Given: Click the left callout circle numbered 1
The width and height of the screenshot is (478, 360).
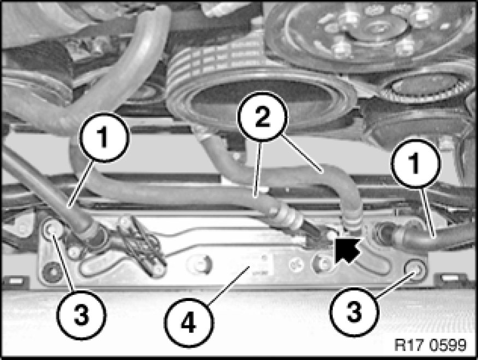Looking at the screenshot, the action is click(x=104, y=137).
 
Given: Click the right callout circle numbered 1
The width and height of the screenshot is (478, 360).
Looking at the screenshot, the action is click(x=416, y=163).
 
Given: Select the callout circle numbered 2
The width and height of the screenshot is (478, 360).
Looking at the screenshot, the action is click(x=262, y=117).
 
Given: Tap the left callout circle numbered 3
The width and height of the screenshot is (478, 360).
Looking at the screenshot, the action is click(x=81, y=314).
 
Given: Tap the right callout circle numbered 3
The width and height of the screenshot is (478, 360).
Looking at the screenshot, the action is click(x=354, y=311).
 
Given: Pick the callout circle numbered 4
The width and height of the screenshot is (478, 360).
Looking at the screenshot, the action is click(x=188, y=323).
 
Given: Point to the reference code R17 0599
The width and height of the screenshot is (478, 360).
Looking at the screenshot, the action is click(x=430, y=345).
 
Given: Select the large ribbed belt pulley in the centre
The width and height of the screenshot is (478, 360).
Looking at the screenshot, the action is click(x=259, y=91).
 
